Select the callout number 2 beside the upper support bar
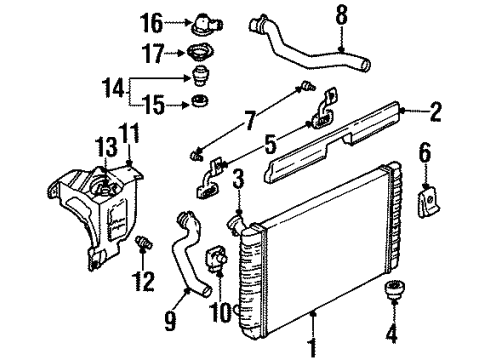(x=435, y=112)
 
